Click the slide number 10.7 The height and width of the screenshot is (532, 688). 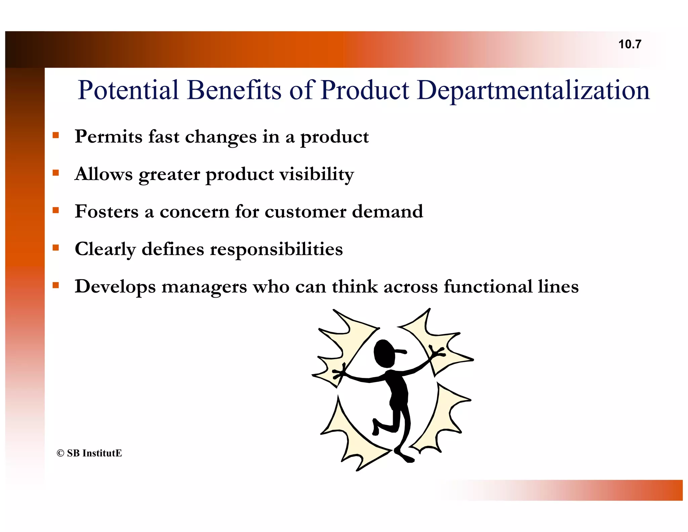tap(630, 44)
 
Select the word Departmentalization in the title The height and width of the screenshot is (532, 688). tap(533, 90)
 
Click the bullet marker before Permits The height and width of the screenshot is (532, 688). tap(56, 136)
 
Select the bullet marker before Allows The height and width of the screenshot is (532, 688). tap(56, 173)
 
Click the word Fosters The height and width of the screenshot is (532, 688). tap(106, 212)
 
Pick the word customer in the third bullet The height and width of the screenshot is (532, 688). tap(305, 212)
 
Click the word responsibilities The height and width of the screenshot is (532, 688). tap(276, 249)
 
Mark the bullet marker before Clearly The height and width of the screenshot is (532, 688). tap(56, 248)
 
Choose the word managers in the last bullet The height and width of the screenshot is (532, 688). tap(204, 287)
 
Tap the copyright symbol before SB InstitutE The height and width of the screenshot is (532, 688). tap(60, 453)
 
